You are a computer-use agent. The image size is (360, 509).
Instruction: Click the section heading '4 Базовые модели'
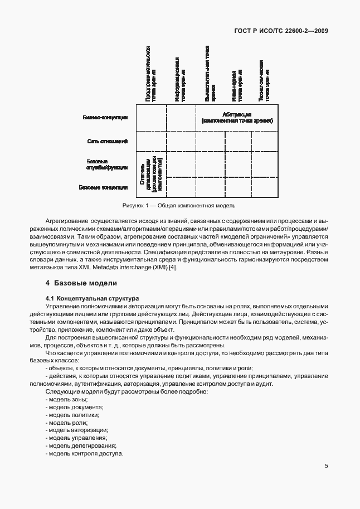81,283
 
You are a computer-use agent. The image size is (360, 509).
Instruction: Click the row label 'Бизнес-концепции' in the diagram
105,118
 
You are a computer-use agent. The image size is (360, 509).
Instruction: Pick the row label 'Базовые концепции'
104,187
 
